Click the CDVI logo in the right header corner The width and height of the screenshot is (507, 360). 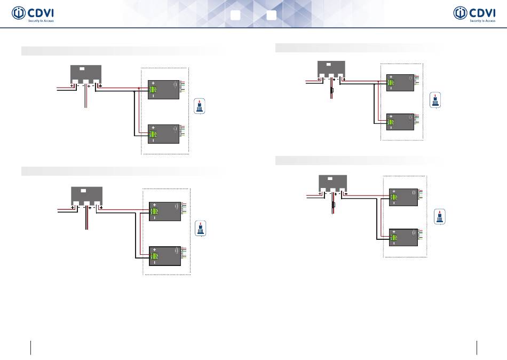point(473,14)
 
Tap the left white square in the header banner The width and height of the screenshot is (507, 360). point(235,15)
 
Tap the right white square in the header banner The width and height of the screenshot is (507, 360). point(271,15)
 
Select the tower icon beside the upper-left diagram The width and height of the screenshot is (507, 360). point(200,106)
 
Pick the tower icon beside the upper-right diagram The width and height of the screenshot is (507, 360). point(437,100)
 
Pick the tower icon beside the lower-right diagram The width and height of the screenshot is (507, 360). point(440,217)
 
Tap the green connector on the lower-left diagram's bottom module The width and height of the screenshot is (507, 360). point(153,255)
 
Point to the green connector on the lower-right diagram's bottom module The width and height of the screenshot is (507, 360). point(394,237)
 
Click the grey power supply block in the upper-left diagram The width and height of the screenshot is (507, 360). point(86,75)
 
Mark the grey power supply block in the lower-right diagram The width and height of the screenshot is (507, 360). point(332,183)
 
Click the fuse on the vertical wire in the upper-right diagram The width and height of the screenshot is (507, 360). point(332,92)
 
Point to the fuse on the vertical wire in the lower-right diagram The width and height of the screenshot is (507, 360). point(333,205)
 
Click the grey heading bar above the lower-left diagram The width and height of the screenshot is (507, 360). point(121,170)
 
